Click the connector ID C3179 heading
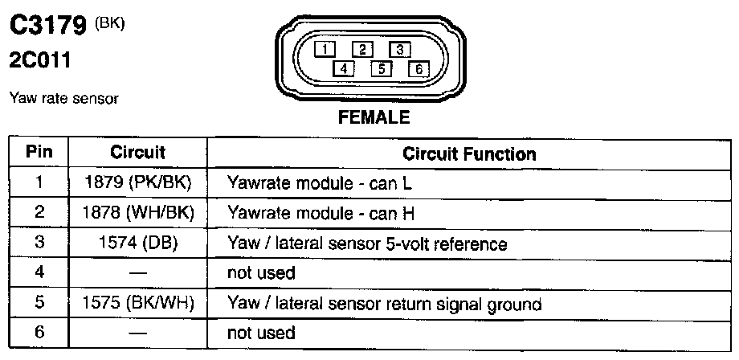click(x=47, y=27)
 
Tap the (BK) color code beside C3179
click(x=110, y=22)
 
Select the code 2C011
click(x=39, y=59)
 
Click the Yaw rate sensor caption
click(x=63, y=98)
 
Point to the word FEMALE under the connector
click(x=374, y=118)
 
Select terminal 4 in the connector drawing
click(x=343, y=68)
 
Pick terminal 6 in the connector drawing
click(x=418, y=68)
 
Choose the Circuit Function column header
click(x=469, y=153)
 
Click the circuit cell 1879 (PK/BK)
click(x=138, y=182)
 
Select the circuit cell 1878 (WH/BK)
click(x=138, y=213)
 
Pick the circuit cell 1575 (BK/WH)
click(x=138, y=304)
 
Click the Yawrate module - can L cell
click(x=320, y=182)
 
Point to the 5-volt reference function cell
click(x=367, y=243)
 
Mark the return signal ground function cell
click(x=385, y=304)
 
